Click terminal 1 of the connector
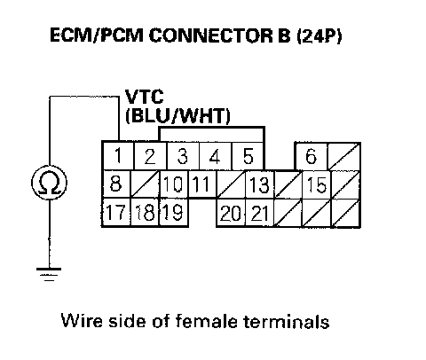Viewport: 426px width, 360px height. pos(118,156)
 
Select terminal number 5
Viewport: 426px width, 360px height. pos(248,156)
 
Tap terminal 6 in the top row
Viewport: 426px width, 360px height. pos(312,156)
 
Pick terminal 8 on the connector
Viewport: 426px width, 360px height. pos(116,184)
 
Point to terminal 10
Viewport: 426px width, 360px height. pos(174,184)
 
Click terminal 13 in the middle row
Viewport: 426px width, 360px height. pos(260,184)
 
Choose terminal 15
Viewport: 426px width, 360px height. pos(317,184)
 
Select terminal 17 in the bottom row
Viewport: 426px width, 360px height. pos(116,212)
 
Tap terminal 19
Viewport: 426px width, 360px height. pos(173,212)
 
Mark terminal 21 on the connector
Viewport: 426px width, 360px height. pos(260,213)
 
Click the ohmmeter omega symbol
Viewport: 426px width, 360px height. pos(49,183)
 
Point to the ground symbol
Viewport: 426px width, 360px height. pos(49,274)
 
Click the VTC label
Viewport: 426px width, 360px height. pos(145,97)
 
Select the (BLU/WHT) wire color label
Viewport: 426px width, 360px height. pos(177,115)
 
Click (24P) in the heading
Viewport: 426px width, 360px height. pos(319,36)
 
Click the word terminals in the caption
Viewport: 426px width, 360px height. pos(287,321)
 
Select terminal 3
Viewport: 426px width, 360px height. pos(183,156)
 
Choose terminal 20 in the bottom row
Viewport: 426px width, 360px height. pos(231,213)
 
